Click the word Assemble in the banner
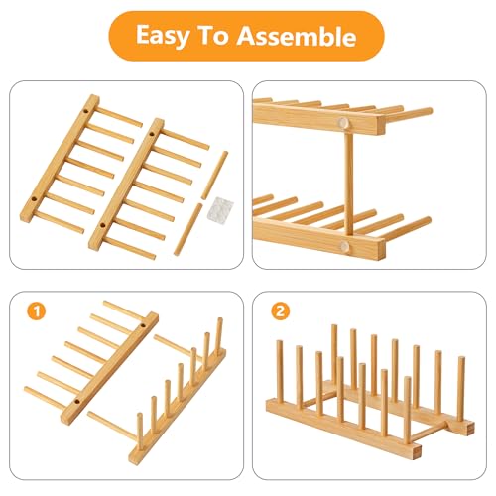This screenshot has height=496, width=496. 297,36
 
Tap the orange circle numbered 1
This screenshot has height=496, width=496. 37,311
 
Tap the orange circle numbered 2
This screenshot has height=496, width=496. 280,311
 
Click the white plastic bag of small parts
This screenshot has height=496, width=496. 220,210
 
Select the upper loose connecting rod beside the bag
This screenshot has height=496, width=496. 215,176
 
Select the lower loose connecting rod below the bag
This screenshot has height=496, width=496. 188,229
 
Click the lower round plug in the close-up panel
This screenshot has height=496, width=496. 344,246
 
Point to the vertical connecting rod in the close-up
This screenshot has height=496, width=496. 348,184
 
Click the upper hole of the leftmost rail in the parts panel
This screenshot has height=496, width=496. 85,111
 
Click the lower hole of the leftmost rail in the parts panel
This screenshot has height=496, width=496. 34,200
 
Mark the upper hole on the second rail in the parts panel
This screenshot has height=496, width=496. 152,134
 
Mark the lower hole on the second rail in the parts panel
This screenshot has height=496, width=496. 102,226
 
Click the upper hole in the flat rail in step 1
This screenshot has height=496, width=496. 143,325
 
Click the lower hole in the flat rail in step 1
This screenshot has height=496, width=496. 77,402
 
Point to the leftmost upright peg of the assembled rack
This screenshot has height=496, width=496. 280,371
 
